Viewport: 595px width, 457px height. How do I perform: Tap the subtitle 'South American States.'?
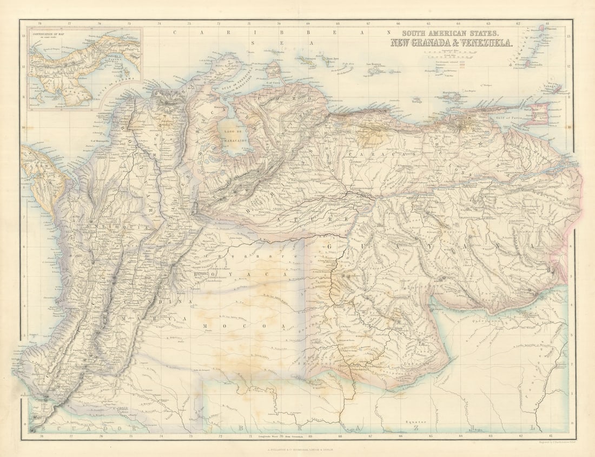[448, 32]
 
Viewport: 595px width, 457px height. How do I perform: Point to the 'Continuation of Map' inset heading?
[51, 35]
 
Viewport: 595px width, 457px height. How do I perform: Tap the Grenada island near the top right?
[529, 63]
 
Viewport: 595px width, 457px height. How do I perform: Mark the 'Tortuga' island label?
[416, 100]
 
